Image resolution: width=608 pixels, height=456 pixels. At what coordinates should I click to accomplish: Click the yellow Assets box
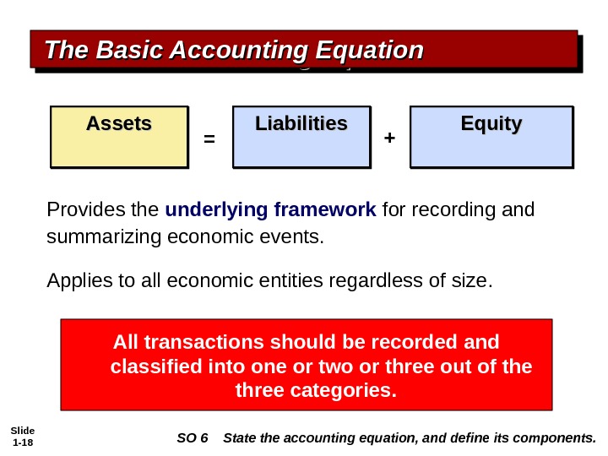tap(118, 137)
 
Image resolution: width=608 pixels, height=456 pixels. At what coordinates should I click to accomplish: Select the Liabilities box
tap(301, 137)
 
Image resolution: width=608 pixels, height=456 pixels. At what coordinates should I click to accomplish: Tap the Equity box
tap(491, 137)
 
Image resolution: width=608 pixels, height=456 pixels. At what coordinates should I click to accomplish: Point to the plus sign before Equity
tap(389, 135)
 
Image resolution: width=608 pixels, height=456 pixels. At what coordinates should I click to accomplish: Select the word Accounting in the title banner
tap(231, 51)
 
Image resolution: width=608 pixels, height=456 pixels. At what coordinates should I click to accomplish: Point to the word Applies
tap(76, 279)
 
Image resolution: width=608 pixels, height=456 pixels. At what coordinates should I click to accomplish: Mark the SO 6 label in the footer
tap(193, 437)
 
